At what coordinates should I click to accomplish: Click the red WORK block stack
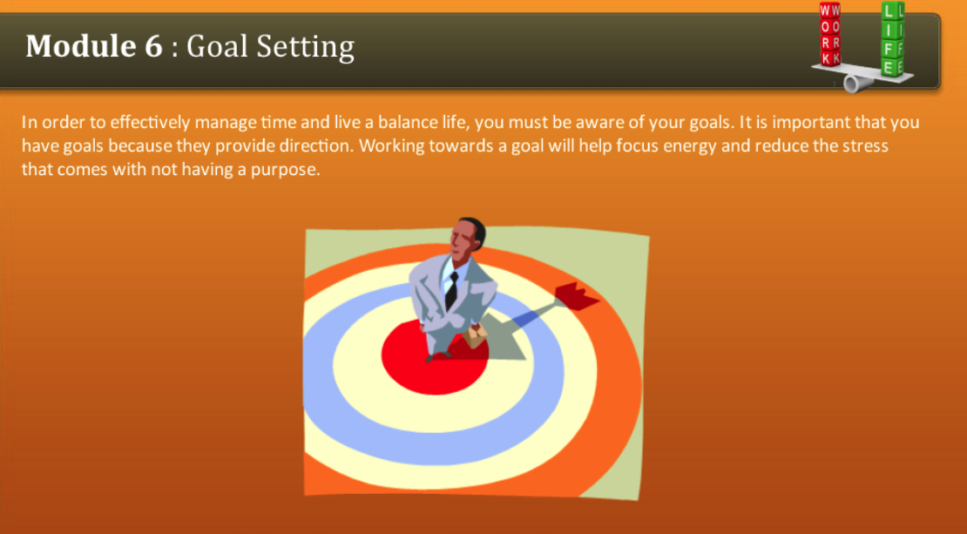[x=830, y=35]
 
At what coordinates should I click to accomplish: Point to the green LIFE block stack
[x=892, y=39]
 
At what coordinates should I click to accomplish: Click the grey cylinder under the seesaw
[x=852, y=84]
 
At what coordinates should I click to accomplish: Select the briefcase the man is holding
[x=476, y=335]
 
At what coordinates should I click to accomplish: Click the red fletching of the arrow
[x=577, y=297]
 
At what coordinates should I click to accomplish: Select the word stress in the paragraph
[x=866, y=145]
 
